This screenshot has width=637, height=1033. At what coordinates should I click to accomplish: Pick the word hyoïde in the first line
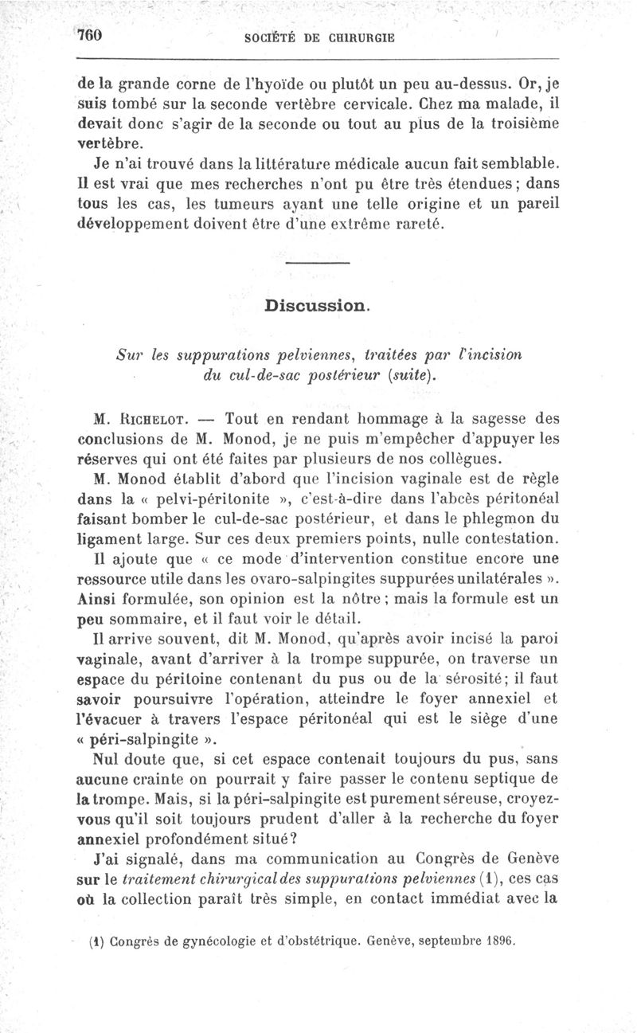pos(287,83)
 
